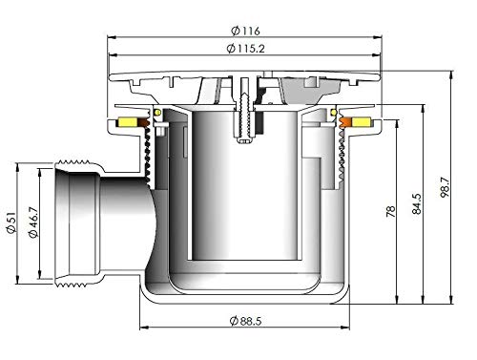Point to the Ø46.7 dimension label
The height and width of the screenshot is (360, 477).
coord(42,226)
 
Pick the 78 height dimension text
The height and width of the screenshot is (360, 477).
coord(390,209)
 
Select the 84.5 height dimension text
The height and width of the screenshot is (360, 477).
coord(416,205)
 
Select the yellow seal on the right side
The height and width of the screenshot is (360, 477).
coord(363,122)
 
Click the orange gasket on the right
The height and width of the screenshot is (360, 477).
coord(348,122)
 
